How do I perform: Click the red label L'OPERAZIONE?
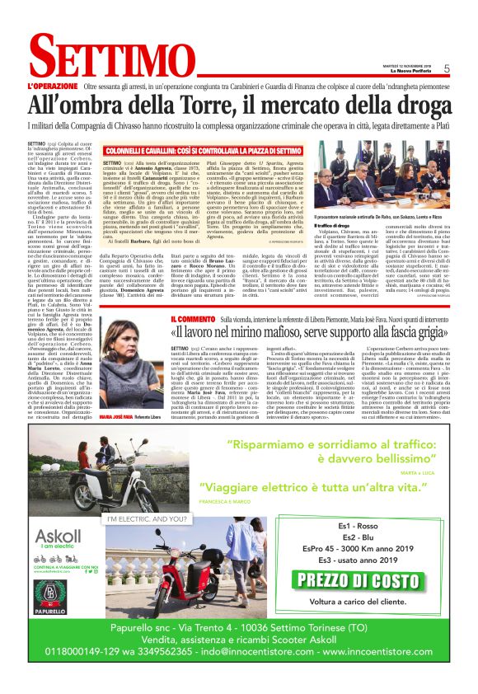pos(52,86)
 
